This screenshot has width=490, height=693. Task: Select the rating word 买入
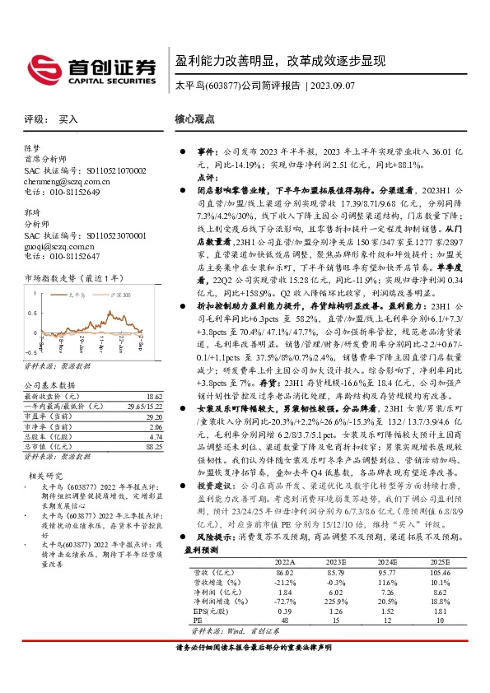(68, 119)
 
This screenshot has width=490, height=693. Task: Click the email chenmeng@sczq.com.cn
(64, 181)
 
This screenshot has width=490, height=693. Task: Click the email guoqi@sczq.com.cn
(58, 245)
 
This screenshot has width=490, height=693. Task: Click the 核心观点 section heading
(195, 119)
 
